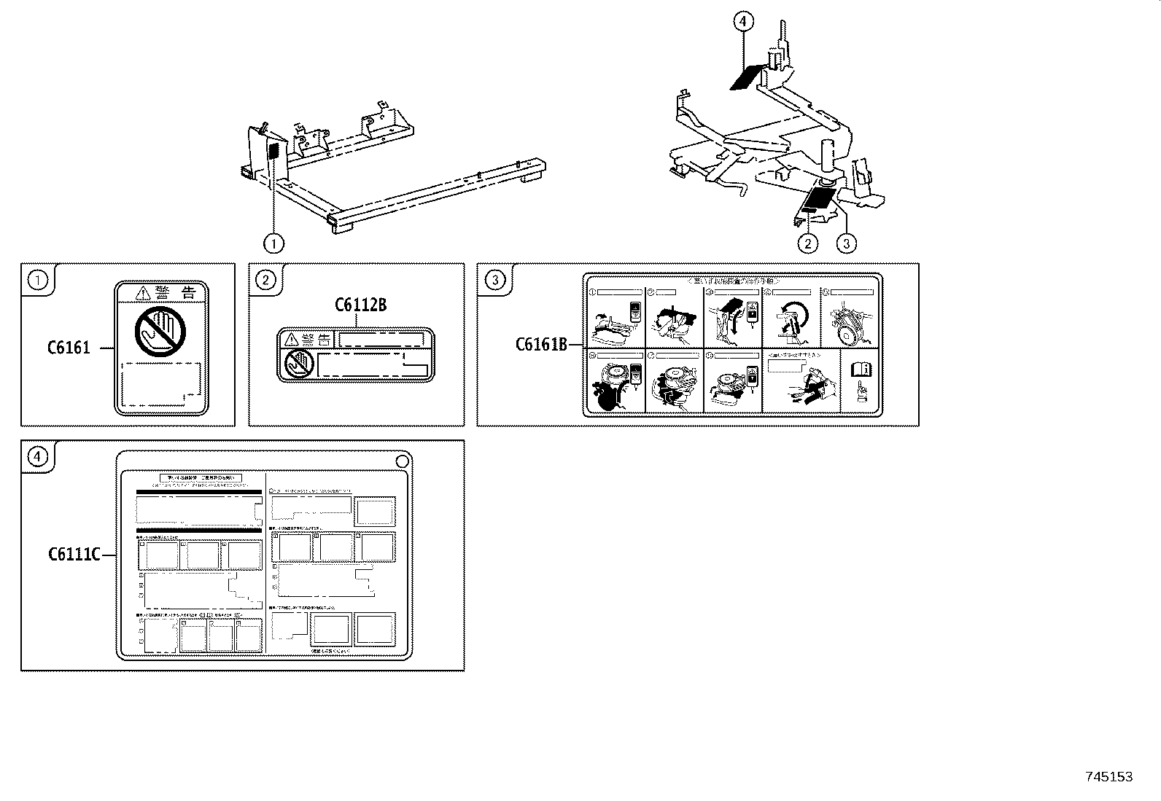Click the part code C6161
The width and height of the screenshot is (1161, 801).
tap(69, 348)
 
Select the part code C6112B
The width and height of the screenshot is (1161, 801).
tap(360, 305)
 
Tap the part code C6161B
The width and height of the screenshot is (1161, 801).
tap(541, 344)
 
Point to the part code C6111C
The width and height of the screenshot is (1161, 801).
tap(74, 555)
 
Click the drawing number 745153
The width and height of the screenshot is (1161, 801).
tap(1109, 777)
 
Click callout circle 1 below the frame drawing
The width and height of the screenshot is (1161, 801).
tap(273, 243)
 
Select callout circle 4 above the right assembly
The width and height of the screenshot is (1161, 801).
tap(742, 22)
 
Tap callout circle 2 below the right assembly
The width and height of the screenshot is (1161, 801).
tap(807, 243)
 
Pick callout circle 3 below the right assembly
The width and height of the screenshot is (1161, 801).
tap(845, 243)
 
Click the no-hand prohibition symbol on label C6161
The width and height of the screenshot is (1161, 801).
tap(160, 333)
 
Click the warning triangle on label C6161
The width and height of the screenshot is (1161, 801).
tap(143, 294)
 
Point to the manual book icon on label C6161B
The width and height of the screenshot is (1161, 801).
tap(861, 370)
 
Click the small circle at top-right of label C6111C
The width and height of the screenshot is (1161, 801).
tap(402, 461)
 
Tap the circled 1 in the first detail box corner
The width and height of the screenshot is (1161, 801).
tap(38, 280)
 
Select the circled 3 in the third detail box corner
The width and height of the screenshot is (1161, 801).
tap(495, 280)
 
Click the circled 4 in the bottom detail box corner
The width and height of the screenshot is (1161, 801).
tap(38, 457)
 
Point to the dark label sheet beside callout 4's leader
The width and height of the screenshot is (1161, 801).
tap(745, 76)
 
